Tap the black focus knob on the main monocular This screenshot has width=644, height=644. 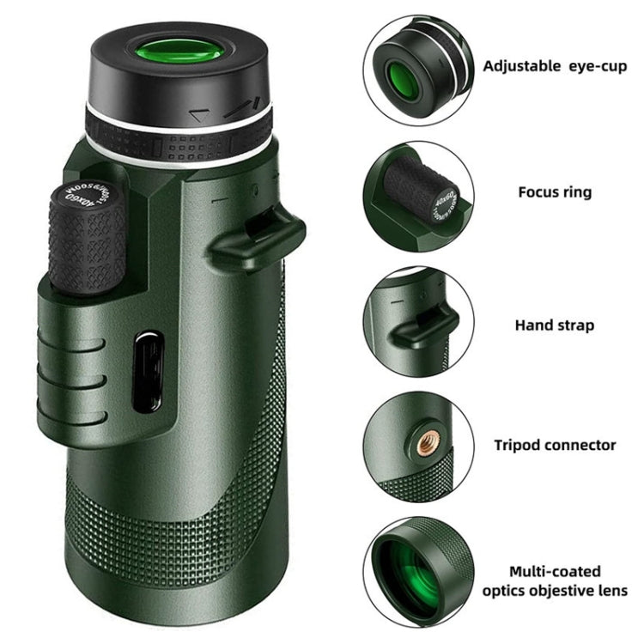click(87, 237)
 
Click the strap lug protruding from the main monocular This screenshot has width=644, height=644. click(258, 237)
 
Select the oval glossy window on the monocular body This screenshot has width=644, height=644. click(149, 373)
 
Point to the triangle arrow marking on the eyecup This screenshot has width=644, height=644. click(201, 115)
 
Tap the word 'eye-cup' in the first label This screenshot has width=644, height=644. click(598, 66)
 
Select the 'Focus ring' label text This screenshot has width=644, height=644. click(555, 192)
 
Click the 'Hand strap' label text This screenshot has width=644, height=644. click(555, 325)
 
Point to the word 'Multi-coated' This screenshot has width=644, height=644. click(555, 571)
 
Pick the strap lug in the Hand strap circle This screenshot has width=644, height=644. click(425, 327)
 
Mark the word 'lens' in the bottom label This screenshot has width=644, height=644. click(613, 591)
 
